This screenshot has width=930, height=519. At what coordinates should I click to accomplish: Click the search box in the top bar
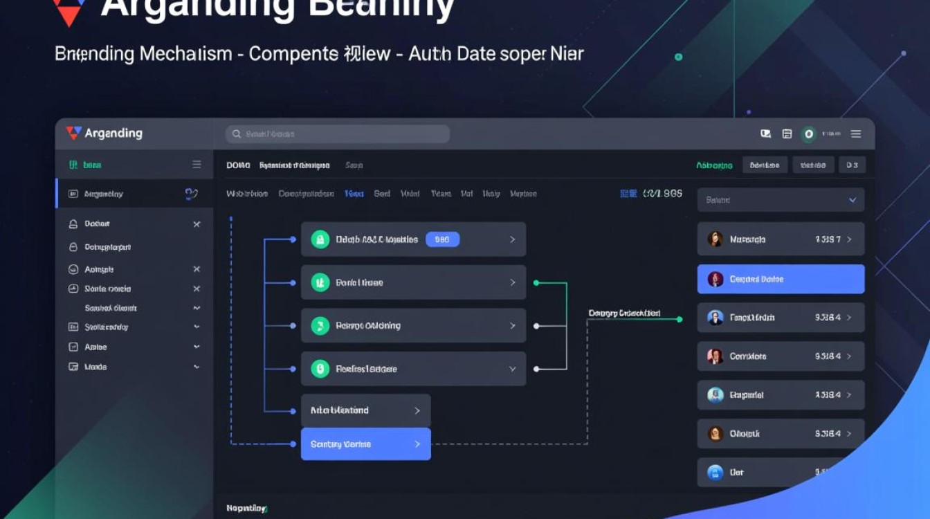[x=338, y=134]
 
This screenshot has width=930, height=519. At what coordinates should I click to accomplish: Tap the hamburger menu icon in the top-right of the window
[x=856, y=134]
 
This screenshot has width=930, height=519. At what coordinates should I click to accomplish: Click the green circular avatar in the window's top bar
[x=808, y=134]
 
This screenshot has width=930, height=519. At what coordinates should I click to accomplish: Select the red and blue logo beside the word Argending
[x=73, y=133]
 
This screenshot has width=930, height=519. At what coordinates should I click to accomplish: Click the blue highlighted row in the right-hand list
[x=781, y=279]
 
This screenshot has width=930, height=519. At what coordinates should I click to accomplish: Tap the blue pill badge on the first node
[x=442, y=239]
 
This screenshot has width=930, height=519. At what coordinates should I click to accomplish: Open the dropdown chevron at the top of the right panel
[x=852, y=200]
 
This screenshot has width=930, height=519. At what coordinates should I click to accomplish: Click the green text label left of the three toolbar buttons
[x=714, y=165]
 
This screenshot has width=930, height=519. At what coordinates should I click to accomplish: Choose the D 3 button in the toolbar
[x=852, y=165]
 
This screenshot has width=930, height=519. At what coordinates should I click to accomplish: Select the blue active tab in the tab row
[x=354, y=194]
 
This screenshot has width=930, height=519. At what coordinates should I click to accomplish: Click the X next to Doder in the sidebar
[x=197, y=224]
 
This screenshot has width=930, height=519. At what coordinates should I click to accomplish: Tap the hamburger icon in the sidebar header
[x=197, y=165]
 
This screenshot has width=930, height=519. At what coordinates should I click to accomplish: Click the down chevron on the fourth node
[x=513, y=369]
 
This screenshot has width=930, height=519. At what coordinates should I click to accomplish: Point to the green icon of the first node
[x=320, y=239]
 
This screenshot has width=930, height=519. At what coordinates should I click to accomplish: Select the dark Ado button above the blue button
[x=365, y=410]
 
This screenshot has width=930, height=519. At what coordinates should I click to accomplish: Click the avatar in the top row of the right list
[x=715, y=239]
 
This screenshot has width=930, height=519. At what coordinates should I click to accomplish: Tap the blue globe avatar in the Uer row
[x=715, y=472]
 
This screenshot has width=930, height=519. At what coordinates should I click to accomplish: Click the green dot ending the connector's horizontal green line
[x=680, y=319]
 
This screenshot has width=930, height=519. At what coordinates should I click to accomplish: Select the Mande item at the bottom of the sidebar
[x=95, y=367]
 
